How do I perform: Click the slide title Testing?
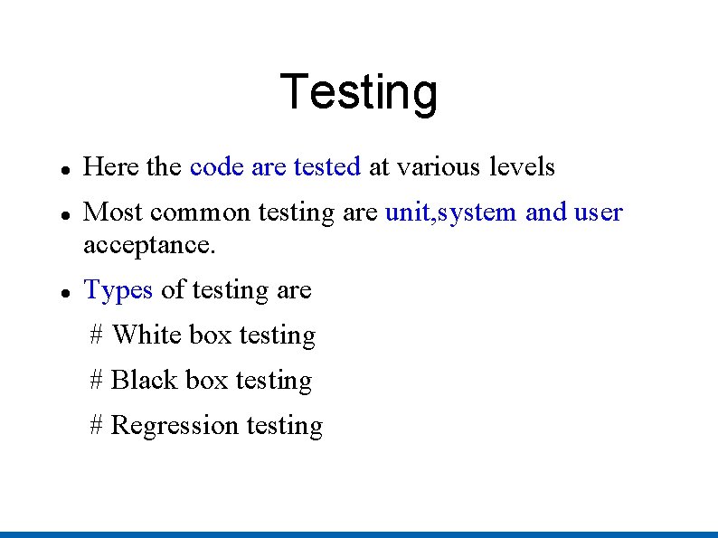click(359, 92)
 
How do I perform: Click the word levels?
click(522, 167)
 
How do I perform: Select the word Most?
click(113, 212)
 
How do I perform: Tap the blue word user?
click(599, 212)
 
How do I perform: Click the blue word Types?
click(118, 290)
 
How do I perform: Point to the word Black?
click(144, 381)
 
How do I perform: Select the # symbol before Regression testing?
click(97, 426)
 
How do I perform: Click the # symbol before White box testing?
click(97, 335)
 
